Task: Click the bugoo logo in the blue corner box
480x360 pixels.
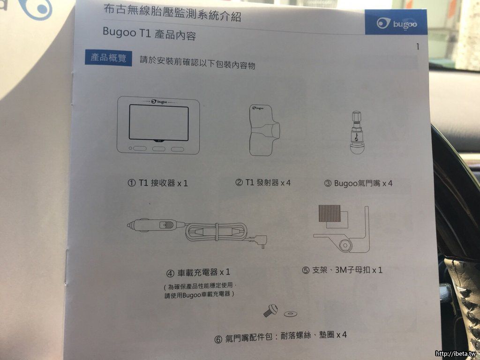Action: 397,23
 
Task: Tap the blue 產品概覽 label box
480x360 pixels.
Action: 108,58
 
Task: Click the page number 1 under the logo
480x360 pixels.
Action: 418,47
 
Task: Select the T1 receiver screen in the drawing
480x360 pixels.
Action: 158,123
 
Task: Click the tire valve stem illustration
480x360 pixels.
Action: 356,132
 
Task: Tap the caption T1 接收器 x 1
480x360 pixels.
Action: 157,183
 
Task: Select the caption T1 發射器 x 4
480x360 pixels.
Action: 263,183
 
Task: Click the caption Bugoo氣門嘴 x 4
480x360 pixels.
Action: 358,183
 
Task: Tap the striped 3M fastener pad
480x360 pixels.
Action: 330,213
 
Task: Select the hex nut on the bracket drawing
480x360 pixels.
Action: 345,245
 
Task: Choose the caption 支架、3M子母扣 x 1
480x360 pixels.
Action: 342,270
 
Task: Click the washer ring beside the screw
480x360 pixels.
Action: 291,314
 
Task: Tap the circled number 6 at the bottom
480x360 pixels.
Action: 218,339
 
